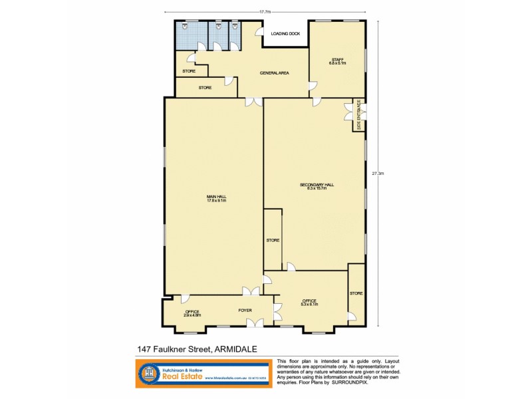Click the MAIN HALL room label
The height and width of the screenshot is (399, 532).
217,198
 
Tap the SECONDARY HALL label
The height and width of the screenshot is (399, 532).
317,186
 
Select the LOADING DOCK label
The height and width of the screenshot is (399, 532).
285,33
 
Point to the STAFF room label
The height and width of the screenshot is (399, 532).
338,61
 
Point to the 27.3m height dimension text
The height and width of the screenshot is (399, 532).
378,174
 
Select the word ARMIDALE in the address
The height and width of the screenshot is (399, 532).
236,348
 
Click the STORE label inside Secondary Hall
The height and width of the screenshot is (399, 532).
273,240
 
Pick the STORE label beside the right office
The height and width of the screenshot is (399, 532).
356,293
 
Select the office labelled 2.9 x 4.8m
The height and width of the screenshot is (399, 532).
192,313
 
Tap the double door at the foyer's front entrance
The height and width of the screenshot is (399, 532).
254,323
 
